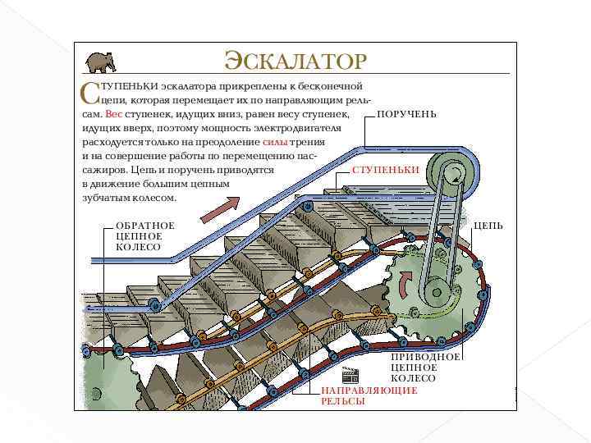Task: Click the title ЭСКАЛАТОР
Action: (295, 62)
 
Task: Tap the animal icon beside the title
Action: (100, 62)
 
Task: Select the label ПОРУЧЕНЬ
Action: (406, 115)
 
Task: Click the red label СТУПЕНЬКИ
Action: (385, 169)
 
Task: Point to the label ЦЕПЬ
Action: (488, 226)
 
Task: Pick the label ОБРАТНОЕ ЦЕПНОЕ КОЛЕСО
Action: (145, 236)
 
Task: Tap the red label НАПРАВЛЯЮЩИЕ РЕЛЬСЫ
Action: (369, 395)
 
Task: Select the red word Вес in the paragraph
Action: (113, 115)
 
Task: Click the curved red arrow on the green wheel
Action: (404, 283)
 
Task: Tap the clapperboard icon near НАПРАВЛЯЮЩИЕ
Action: (350, 376)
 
